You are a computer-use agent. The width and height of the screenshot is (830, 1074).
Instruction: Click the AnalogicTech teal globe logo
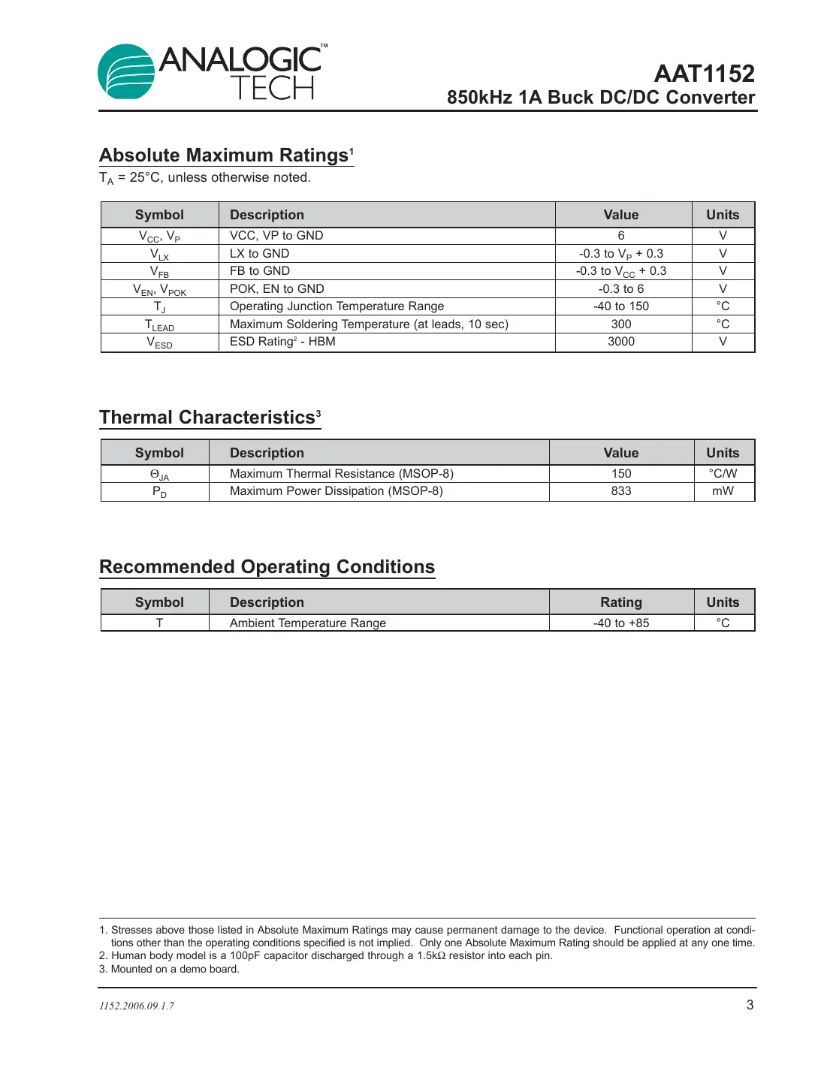pyautogui.click(x=125, y=72)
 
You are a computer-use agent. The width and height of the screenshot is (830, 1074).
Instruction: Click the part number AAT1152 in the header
pyautogui.click(x=704, y=74)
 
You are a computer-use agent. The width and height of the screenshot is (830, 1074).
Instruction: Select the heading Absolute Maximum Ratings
pyautogui.click(x=225, y=155)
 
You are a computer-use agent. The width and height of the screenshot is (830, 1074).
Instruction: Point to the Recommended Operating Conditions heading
pyautogui.click(x=267, y=567)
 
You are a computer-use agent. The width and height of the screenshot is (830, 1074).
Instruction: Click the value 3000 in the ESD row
pyautogui.click(x=621, y=342)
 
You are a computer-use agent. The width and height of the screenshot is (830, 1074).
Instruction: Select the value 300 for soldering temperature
pyautogui.click(x=621, y=324)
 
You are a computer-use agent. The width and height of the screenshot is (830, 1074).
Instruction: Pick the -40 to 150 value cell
pyautogui.click(x=621, y=306)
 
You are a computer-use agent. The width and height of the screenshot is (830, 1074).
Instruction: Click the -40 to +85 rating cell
pyautogui.click(x=621, y=623)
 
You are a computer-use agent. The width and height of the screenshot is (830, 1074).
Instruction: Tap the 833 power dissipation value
pyautogui.click(x=621, y=491)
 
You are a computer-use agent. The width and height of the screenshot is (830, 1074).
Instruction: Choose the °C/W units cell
pyautogui.click(x=723, y=474)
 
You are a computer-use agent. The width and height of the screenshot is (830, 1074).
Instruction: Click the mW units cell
pyautogui.click(x=723, y=491)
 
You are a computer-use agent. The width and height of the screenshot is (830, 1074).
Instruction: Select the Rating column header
pyautogui.click(x=621, y=602)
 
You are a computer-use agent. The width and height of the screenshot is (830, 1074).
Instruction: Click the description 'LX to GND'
pyautogui.click(x=259, y=254)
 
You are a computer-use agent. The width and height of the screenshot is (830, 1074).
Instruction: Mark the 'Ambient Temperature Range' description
pyautogui.click(x=308, y=623)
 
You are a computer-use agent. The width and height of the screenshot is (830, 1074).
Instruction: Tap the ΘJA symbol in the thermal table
pyautogui.click(x=159, y=475)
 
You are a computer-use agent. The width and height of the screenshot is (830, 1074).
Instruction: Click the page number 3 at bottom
pyautogui.click(x=750, y=1005)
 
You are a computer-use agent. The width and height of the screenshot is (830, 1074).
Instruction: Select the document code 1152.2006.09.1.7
pyautogui.click(x=137, y=1006)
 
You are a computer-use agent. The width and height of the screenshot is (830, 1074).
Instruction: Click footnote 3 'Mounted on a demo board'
pyautogui.click(x=169, y=970)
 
